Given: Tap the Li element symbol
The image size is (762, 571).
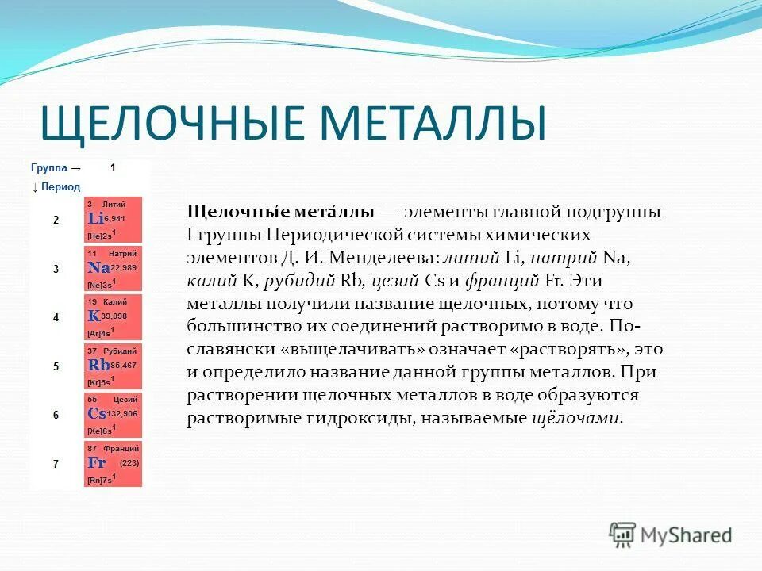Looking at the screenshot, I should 95,218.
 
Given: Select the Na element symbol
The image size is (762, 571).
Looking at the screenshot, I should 98,268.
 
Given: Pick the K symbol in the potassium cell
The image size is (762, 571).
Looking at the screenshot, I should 94,316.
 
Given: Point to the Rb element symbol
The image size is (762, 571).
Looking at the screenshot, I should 98,366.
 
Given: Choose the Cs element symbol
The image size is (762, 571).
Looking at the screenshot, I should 97,414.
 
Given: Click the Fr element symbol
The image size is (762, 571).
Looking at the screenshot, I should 97,462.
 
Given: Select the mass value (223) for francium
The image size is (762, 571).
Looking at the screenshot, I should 129,463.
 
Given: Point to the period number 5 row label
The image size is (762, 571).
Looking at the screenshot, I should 56,366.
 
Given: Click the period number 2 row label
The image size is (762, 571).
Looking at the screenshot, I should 56,220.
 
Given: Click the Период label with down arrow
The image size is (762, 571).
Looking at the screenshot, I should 56,187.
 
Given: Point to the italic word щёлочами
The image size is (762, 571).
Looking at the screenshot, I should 575,418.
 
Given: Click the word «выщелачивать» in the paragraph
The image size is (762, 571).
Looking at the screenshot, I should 344,350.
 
